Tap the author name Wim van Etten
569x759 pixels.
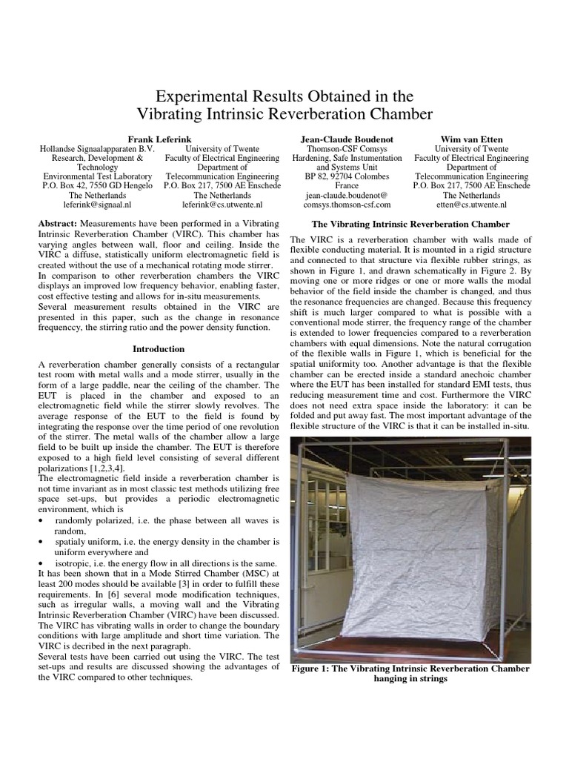471,139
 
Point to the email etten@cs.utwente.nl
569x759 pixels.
471,203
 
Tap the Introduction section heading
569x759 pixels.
159,348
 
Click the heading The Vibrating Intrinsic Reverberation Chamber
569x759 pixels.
410,224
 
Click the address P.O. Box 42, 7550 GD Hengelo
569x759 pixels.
98,185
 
